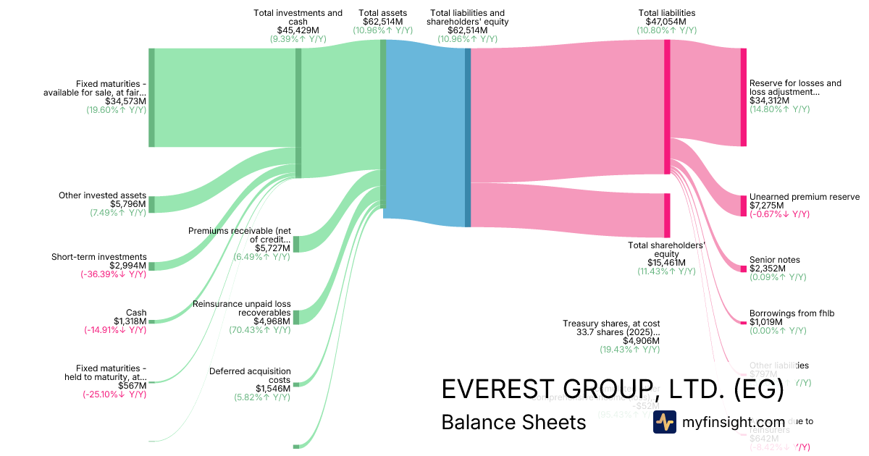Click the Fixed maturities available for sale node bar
point(151,98)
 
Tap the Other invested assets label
point(102,196)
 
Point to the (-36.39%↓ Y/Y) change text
point(114,275)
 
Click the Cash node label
point(136,313)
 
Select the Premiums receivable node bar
point(295,244)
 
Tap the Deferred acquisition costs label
point(250,376)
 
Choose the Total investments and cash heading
point(298,17)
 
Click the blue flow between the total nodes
point(426,130)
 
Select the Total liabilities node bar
point(667,107)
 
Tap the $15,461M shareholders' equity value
point(666,263)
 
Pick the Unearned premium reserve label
point(804,197)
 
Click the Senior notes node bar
point(743,269)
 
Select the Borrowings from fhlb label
point(792,313)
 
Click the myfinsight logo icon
point(665,422)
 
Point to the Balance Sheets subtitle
point(513,422)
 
